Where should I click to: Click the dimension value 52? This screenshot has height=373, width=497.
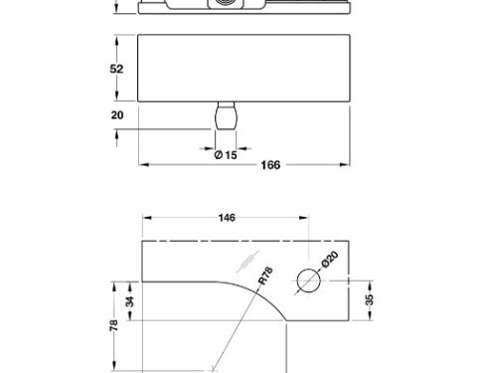click(x=116, y=69)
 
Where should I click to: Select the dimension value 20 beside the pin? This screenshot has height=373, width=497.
click(x=117, y=115)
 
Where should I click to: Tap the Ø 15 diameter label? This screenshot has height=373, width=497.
click(x=226, y=155)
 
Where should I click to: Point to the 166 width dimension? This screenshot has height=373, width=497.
click(x=270, y=165)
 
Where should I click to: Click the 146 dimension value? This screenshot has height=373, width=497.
click(x=227, y=218)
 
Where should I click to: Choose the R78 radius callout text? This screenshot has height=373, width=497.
click(x=265, y=276)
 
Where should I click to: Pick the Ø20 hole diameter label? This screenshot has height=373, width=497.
click(x=330, y=259)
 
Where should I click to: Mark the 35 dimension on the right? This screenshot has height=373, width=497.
click(x=369, y=299)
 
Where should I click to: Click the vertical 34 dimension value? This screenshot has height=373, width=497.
click(x=130, y=301)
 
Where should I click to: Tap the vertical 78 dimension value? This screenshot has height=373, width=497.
click(x=113, y=325)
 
